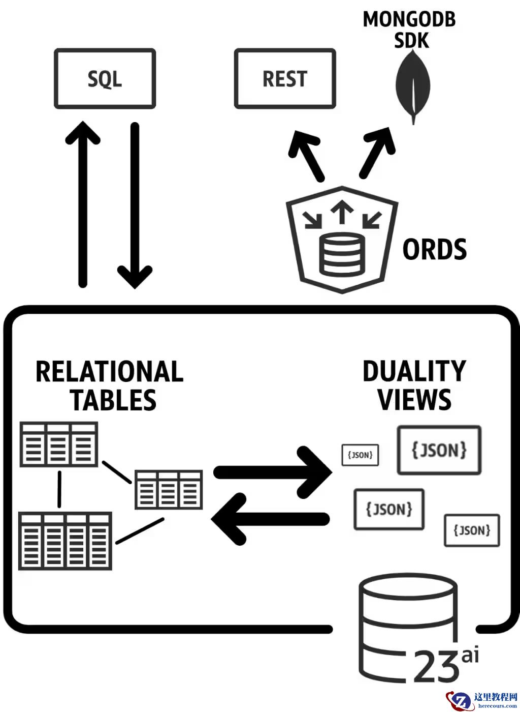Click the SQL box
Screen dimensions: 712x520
point(105,79)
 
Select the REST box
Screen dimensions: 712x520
point(284,79)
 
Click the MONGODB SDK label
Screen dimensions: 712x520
point(409,29)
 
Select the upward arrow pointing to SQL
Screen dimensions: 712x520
point(83,203)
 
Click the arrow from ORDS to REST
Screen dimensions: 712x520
point(307,155)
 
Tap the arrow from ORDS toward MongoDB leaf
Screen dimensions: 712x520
point(376,153)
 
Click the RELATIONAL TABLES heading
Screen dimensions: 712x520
point(110,385)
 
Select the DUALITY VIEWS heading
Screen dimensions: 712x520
point(414,385)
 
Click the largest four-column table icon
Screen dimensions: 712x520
point(65,541)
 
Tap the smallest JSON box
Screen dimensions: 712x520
point(360,455)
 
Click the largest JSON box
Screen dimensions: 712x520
point(439,450)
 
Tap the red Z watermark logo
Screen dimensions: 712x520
point(460,701)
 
